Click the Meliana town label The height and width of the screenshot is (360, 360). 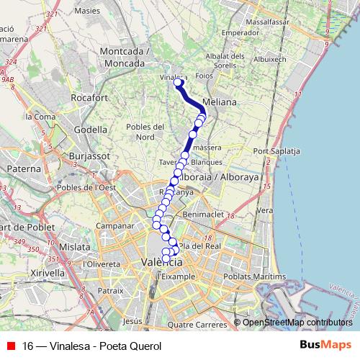(x=220, y=102)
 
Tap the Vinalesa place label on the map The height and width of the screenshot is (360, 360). (x=173, y=77)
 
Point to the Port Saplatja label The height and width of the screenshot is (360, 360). (x=276, y=151)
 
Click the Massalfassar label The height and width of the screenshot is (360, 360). (x=266, y=22)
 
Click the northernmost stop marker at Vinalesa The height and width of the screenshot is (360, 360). (x=178, y=83)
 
